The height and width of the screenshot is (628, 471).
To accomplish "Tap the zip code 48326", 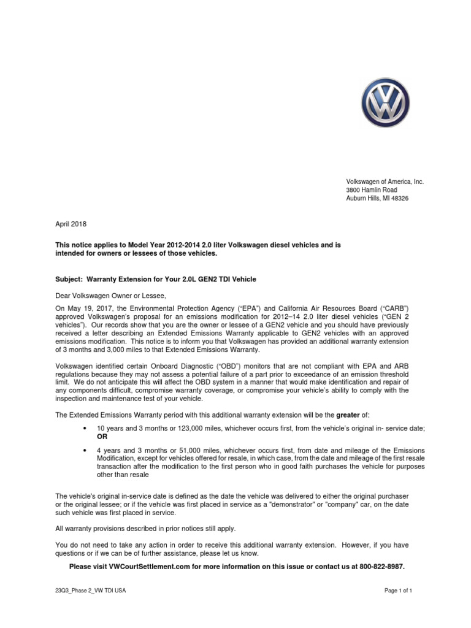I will (399, 199).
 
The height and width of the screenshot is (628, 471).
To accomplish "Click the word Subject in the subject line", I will (68, 279).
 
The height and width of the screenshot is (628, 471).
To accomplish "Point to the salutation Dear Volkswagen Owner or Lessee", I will (111, 296).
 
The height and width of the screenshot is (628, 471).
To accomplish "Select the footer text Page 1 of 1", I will (398, 591).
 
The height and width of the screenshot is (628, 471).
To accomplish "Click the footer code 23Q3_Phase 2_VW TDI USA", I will (91, 591).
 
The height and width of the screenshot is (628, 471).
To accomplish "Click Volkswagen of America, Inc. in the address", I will (385, 182).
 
